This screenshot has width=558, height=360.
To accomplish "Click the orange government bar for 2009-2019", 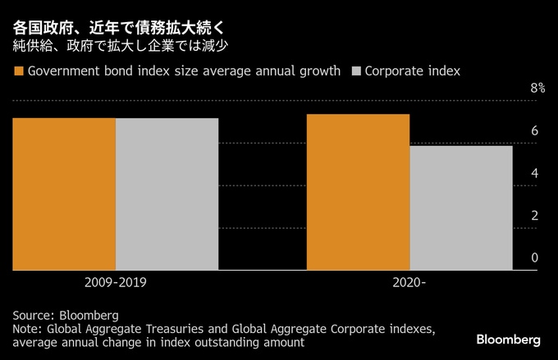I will point(64,194).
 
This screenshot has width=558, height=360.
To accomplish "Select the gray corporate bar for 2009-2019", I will point(167,194).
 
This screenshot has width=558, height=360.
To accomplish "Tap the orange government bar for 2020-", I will point(358,192).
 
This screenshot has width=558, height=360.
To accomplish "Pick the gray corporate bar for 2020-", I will point(460,207).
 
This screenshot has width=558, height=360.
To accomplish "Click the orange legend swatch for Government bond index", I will point(19,71).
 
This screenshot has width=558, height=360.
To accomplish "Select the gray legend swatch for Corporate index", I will point(355,71).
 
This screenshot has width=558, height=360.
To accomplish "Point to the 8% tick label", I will point(537,89).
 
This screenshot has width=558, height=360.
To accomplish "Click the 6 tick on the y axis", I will point(534,131).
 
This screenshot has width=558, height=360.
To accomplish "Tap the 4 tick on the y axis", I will point(534,174).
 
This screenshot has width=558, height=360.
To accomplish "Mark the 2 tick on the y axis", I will point(534,216).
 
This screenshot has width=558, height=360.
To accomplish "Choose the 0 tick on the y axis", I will point(534,258).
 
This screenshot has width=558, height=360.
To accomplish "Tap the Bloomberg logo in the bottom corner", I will point(509,339).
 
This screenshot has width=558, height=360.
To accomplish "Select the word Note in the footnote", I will point(26,329).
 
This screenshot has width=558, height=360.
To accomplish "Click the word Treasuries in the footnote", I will point(176,329).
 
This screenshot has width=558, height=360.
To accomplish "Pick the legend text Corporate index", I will point(412,71).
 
